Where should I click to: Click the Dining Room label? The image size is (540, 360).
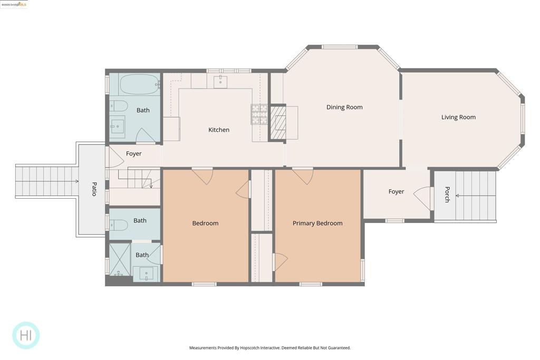pos(344,108)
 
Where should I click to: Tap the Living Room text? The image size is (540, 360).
pos(458,118)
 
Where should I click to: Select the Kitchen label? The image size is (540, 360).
pos(219,130)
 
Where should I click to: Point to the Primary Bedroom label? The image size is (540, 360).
pos(317,223)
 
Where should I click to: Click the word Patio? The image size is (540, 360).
pos(94,189)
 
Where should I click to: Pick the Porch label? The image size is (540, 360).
pos(447,194)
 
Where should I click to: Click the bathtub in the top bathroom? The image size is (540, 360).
pos(139,84)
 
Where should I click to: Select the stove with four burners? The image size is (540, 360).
pos(259,114)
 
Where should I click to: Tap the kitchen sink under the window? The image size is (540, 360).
pos(220,81)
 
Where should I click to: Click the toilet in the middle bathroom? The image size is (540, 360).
pos(119,226)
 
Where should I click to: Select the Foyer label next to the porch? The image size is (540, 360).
pos(396,192)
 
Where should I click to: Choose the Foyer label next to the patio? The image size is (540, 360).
pos(134,154)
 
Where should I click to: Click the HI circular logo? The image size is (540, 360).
pos(26,335)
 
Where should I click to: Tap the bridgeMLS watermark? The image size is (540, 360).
pos(14,4)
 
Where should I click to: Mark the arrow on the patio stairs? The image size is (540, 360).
pos(76,181)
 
